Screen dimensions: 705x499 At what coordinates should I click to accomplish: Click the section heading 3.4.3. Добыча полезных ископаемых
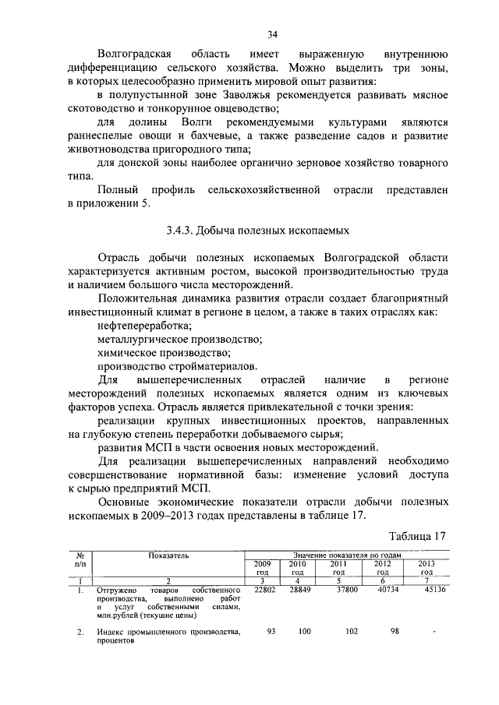(x=257, y=231)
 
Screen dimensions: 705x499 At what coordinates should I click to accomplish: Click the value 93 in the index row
(x=271, y=631)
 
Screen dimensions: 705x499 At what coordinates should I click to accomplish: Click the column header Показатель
(x=169, y=555)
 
